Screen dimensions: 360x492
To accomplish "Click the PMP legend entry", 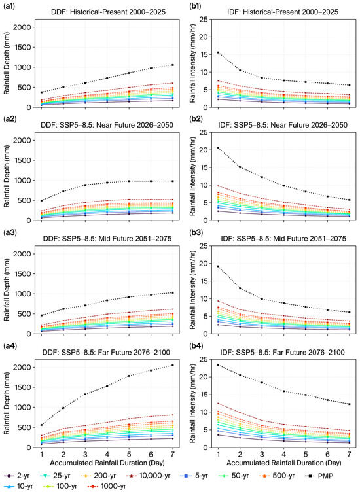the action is tap(319, 476).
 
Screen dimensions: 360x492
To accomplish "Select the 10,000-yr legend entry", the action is tap(149, 476).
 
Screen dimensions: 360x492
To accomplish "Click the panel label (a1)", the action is tap(10, 6).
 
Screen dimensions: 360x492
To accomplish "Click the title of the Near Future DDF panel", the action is tap(107, 125).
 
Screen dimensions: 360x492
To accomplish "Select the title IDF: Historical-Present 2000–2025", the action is tap(283, 12).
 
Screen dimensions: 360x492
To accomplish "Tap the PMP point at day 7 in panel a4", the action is tap(173, 365).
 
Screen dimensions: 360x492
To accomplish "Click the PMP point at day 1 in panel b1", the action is tap(218, 52).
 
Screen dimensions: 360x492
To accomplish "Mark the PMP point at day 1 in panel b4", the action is tap(218, 365).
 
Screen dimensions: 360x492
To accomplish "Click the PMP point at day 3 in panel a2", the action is tap(85, 184).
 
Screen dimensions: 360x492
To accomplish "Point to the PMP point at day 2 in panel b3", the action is tap(240, 288).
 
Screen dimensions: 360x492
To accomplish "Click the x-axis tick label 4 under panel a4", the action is tap(107, 455).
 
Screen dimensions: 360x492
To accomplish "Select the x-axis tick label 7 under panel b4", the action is tap(350, 455).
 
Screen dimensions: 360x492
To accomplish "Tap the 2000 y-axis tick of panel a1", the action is tap(22, 27).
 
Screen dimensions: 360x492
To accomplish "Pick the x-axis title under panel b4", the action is tap(283, 463).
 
